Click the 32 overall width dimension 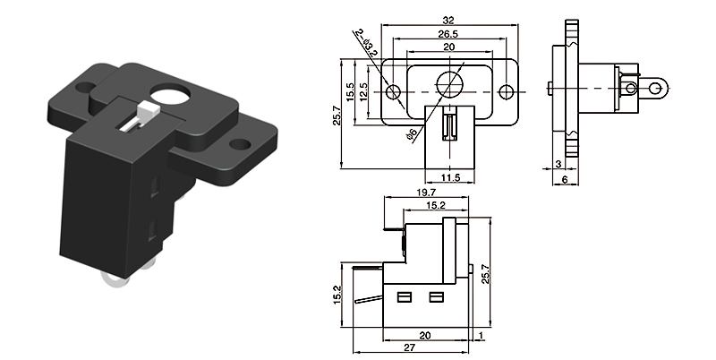tap(448, 18)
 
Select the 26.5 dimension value tap(448, 35)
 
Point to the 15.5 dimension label tap(351, 91)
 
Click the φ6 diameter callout tap(409, 134)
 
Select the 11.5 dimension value tap(449, 178)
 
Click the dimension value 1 tap(482, 335)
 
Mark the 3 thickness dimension tap(558, 164)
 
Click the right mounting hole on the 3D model tap(241, 143)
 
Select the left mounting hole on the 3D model tap(85, 88)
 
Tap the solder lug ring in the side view tap(657, 87)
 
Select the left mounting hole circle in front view tap(392, 92)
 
